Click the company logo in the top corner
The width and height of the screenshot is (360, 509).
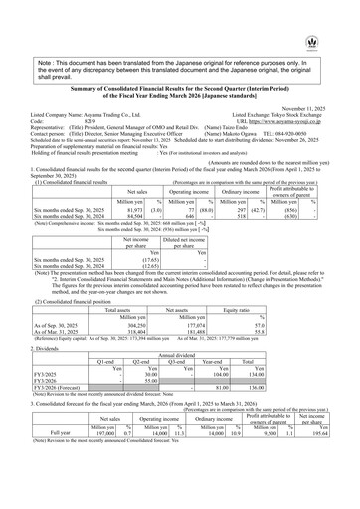click(344, 13)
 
